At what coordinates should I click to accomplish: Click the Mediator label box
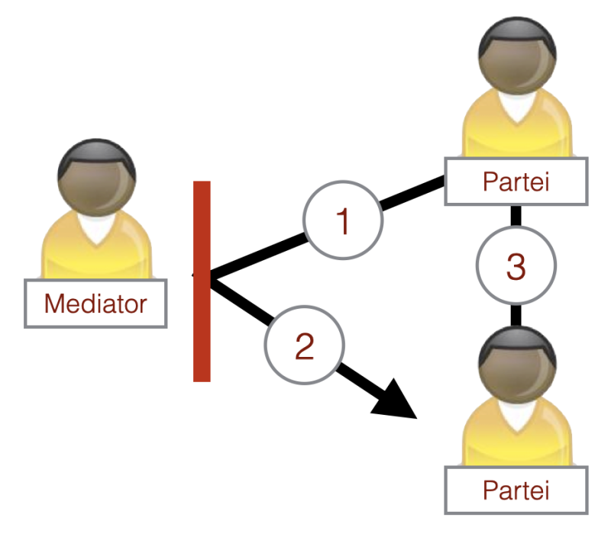point(95,304)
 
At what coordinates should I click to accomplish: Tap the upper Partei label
point(516,182)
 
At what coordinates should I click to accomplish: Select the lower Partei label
point(516,489)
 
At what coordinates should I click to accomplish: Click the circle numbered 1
point(343,220)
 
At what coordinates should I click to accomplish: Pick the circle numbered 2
point(303,347)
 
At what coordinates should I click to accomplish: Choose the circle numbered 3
point(516,267)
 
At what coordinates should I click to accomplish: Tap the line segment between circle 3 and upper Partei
point(516,217)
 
